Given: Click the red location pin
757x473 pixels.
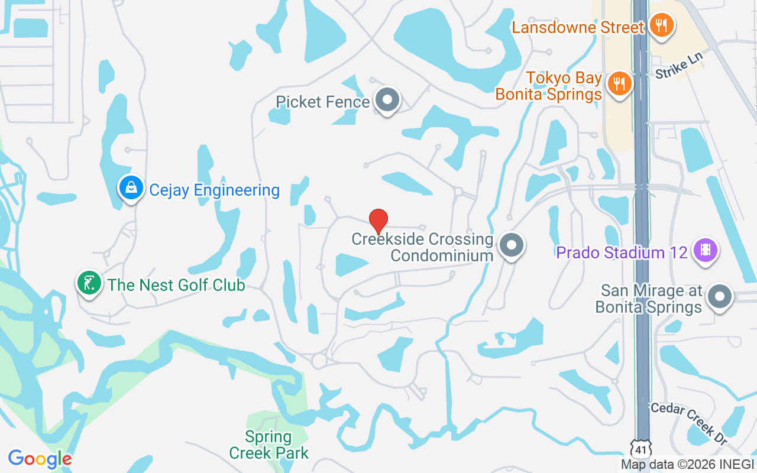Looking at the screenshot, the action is [x=378, y=221].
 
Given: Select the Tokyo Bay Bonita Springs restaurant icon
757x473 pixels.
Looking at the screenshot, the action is [x=619, y=83].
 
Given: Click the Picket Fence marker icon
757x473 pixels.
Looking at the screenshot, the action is [x=388, y=100].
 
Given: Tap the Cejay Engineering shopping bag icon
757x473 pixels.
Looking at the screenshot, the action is [x=131, y=188].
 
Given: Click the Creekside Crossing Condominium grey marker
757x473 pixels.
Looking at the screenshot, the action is [x=512, y=245].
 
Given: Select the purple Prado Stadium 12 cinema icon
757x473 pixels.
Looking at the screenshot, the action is [x=705, y=250].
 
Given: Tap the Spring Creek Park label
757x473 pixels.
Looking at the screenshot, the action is [x=268, y=445].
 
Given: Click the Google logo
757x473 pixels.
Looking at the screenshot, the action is [x=40, y=459].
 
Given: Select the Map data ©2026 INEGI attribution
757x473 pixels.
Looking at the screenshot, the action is [x=687, y=464].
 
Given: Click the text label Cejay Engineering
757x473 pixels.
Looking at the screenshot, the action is [x=214, y=190].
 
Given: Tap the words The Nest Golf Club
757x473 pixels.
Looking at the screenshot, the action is [x=176, y=285].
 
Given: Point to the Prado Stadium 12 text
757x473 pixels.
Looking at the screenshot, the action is [x=622, y=252].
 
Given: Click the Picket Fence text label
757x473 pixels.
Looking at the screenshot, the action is [x=323, y=102].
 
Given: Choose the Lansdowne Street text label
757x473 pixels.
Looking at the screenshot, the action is [x=578, y=27].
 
